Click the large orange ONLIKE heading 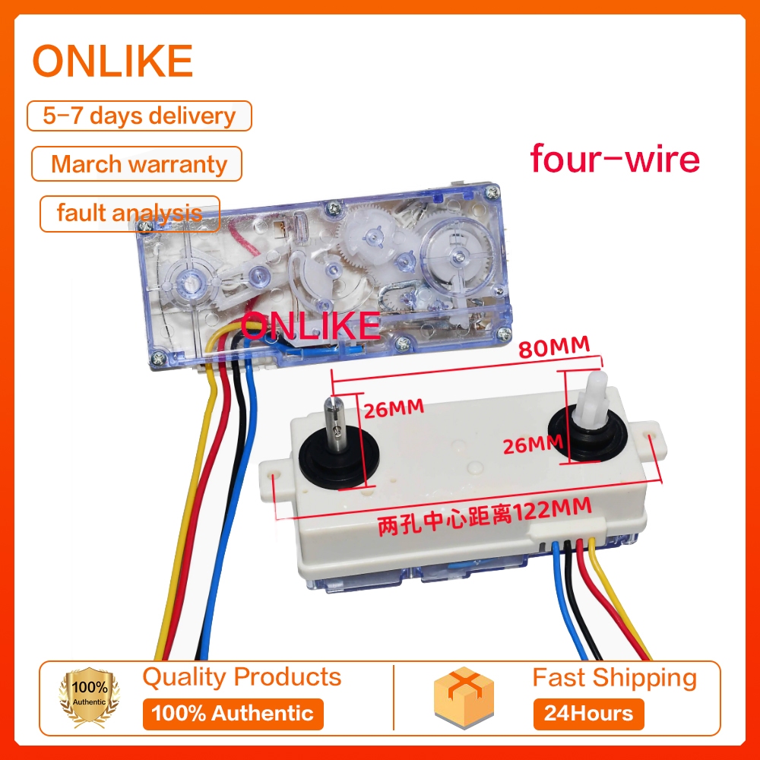[112, 62]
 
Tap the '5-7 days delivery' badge [139, 116]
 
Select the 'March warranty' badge [138, 163]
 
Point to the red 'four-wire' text [614, 159]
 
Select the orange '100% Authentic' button [233, 714]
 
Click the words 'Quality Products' [242, 676]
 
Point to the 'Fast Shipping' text [614, 677]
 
